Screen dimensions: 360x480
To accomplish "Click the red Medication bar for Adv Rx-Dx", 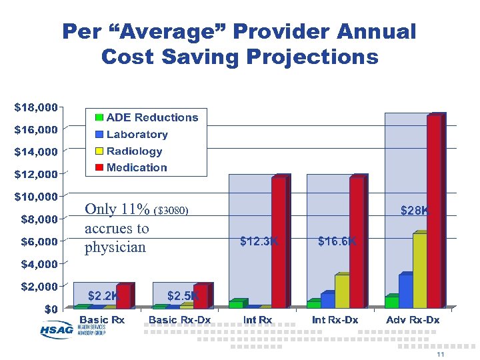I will [x=435, y=212].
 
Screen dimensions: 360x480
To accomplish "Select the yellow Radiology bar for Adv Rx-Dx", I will [x=420, y=271].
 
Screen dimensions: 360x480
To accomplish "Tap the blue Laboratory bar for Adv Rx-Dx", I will [x=405, y=291].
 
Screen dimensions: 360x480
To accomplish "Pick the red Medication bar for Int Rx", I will [x=279, y=242].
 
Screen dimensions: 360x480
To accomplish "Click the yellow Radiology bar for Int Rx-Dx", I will [x=342, y=291].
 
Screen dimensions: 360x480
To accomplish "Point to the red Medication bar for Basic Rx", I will [x=123, y=297].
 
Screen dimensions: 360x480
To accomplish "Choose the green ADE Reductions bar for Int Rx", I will [x=236, y=304].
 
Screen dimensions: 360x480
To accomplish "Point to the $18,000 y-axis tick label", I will [x=36, y=106].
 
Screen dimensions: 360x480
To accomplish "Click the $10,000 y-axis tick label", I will [x=36, y=197].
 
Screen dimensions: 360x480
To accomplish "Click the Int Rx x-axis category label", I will [x=258, y=320].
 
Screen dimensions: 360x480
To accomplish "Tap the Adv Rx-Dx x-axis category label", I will [x=413, y=320].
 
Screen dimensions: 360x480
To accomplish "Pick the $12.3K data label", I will [x=259, y=241].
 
